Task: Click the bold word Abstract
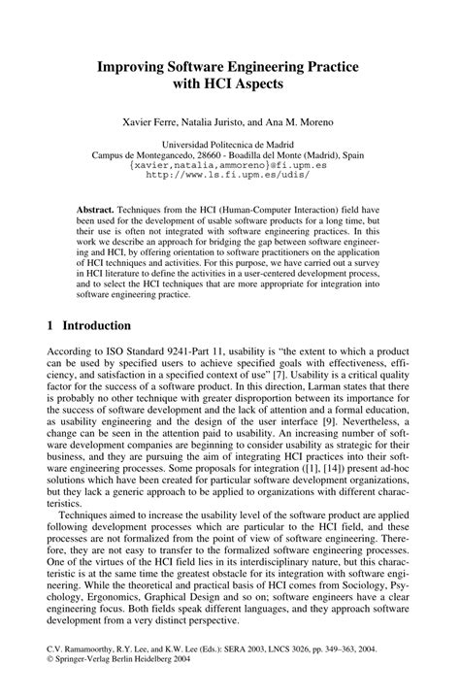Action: point(96,210)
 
